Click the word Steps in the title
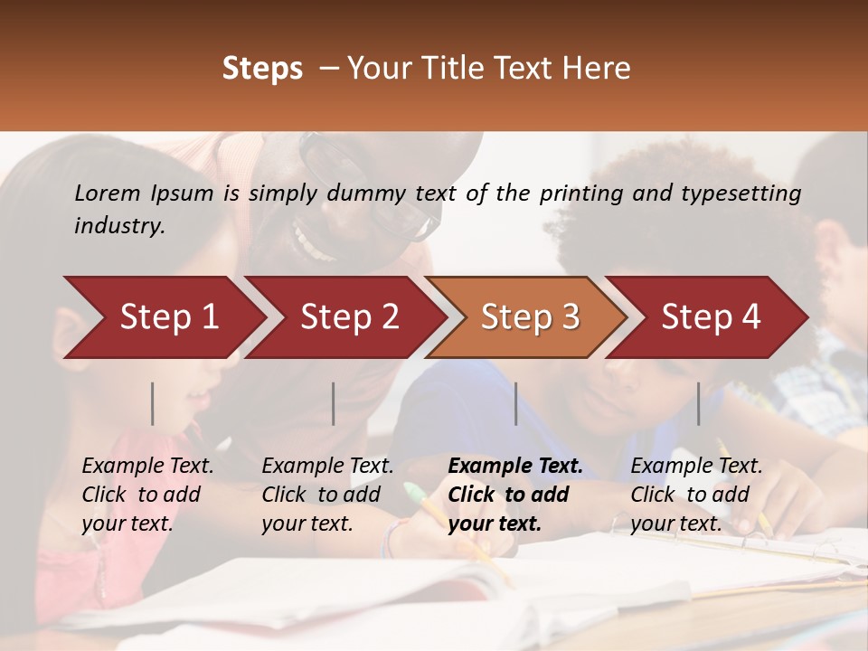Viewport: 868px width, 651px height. (262, 69)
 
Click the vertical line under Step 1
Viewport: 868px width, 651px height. (153, 403)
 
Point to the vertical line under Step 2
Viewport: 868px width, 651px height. (334, 403)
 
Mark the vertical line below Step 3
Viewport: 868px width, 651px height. (516, 403)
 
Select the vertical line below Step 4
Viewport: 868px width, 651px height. (698, 403)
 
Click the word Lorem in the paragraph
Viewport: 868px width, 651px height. (108, 193)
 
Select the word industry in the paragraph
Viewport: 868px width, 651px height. (119, 226)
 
